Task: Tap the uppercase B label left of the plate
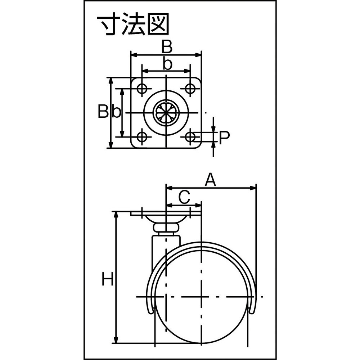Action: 103,111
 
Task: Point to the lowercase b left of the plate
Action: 116,111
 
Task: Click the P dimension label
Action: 224,138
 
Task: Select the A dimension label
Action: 211,180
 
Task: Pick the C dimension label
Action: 184,197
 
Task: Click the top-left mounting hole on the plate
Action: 142,88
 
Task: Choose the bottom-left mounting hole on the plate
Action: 142,137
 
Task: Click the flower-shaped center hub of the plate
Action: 166,112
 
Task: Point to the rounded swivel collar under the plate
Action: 166,228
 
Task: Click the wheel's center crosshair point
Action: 201,297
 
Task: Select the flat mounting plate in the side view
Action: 166,213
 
